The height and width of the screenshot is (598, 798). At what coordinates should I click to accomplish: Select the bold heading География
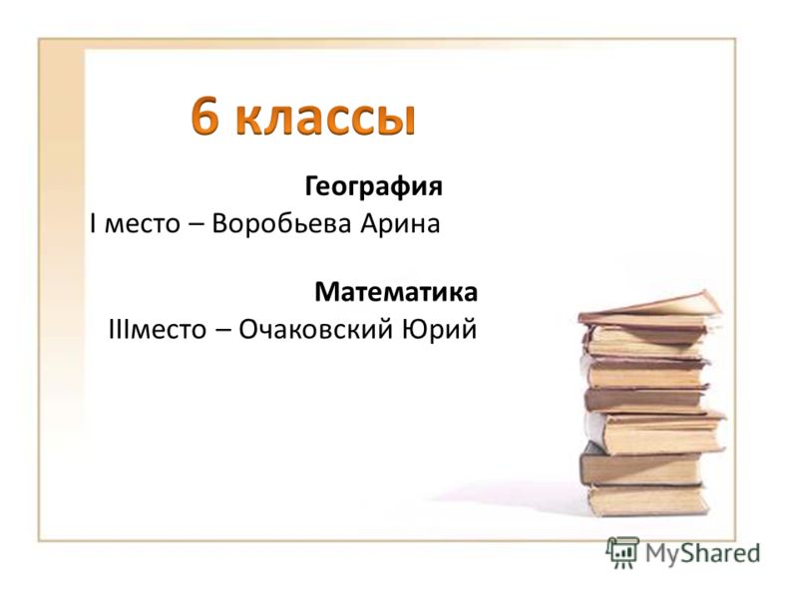pos(373,186)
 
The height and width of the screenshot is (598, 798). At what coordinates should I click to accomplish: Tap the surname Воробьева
pos(281,223)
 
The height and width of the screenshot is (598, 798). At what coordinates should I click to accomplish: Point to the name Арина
pos(401,224)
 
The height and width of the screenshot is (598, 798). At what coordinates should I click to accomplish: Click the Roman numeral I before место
pos(93,223)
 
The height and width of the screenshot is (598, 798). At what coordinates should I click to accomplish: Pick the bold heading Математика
pos(396,292)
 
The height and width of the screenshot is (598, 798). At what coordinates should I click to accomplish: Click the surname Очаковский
pos(316,329)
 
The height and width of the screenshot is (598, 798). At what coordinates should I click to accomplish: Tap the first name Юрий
pos(440,330)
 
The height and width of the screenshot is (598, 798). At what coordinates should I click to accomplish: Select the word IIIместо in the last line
pos(158,330)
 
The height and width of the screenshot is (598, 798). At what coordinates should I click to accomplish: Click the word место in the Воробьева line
pos(143,225)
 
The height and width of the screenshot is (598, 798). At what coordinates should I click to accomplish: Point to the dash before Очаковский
pos(222,331)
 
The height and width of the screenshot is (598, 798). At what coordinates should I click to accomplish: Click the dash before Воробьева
pos(196,226)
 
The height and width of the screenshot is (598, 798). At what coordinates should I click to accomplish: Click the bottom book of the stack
pos(647,500)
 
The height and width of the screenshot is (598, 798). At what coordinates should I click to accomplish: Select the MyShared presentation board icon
pos(622,552)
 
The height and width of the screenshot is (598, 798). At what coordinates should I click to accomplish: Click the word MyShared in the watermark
pos(702,553)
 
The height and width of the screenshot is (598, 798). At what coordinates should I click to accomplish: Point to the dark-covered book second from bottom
pos(642,466)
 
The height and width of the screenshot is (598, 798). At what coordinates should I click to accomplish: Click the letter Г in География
pos(311,186)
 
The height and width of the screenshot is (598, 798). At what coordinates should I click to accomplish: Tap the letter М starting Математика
pos(327,292)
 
